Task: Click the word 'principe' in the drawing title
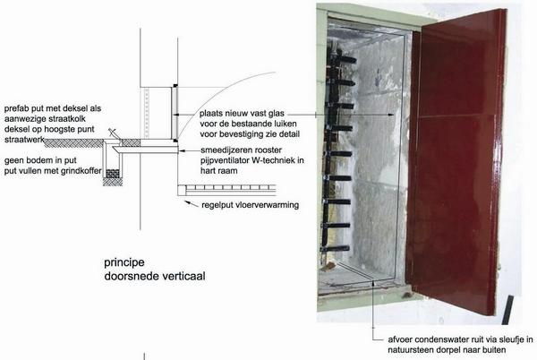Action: tap(124, 263)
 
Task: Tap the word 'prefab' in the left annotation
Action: tap(16, 109)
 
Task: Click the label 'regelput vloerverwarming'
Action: tap(250, 205)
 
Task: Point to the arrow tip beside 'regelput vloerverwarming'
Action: tap(186, 201)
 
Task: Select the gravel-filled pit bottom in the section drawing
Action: tap(113, 174)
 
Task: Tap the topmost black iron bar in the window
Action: tap(344, 60)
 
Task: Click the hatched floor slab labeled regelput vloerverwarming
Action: tap(227, 188)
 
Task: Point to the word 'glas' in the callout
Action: tap(276, 114)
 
